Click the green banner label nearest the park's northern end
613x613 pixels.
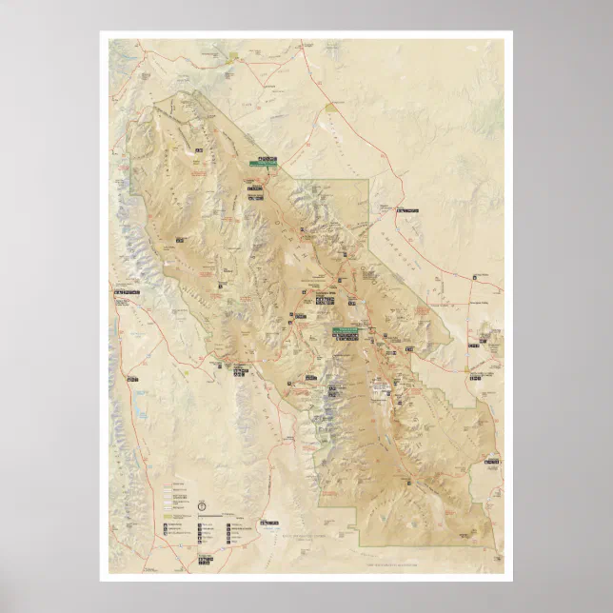(x=263, y=164)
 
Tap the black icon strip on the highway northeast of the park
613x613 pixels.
(x=407, y=209)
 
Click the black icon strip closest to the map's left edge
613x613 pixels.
(x=126, y=291)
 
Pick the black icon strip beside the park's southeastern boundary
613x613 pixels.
(x=491, y=463)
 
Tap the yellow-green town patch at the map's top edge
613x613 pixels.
(x=231, y=59)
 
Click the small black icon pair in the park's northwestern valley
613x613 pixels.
(x=199, y=150)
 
